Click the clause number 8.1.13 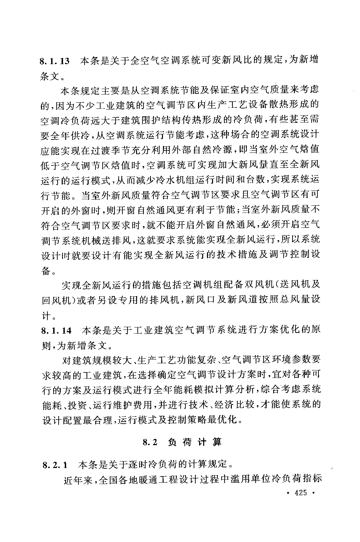tap(55, 61)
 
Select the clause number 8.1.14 tap(56, 331)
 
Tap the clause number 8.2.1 tap(55, 465)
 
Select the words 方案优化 tap(276, 331)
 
